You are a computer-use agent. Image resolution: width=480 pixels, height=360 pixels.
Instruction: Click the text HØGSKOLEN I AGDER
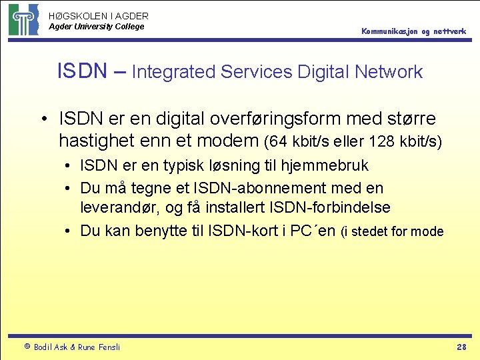click(x=99, y=15)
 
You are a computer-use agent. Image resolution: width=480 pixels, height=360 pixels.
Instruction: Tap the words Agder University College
click(x=96, y=27)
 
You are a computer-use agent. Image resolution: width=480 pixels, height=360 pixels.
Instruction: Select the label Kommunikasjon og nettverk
click(x=414, y=31)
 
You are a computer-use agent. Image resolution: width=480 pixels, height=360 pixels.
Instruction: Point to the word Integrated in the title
click(x=175, y=72)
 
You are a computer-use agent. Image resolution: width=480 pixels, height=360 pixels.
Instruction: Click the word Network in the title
click(x=389, y=71)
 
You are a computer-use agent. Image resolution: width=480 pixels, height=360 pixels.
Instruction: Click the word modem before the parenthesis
click(x=229, y=141)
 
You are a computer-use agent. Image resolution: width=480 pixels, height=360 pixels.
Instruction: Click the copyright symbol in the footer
click(x=27, y=347)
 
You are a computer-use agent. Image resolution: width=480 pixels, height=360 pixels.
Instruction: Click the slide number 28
click(x=461, y=347)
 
